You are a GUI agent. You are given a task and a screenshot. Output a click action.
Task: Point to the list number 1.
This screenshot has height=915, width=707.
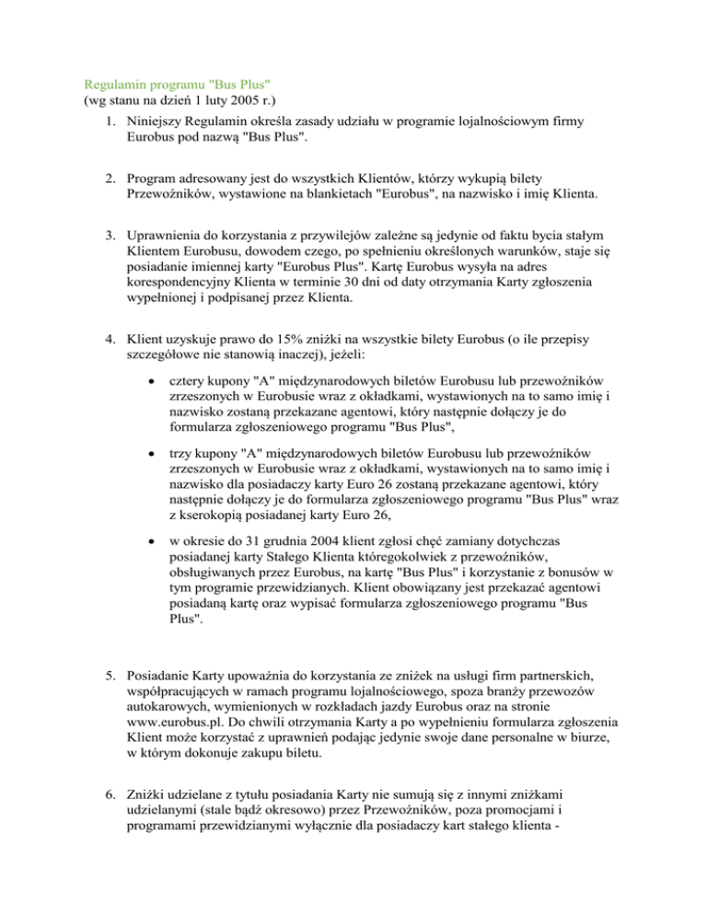click(110, 122)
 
